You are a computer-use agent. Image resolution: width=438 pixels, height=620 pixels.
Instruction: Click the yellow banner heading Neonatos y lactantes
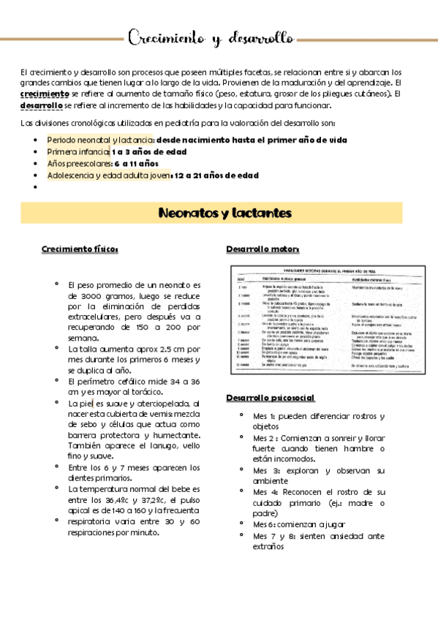[x=225, y=213]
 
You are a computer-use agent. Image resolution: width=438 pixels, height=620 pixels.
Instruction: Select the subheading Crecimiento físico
[x=80, y=249]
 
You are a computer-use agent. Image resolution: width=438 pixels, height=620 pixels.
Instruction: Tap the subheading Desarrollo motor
[x=252, y=249]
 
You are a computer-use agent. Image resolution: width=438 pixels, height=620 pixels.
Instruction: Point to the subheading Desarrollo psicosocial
[x=270, y=398]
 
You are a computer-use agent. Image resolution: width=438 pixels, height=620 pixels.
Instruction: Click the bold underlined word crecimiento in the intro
[x=45, y=94]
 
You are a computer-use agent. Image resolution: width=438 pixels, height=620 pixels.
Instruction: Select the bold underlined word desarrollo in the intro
[x=42, y=105]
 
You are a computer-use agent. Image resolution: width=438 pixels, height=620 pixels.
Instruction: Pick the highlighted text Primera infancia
[x=78, y=151]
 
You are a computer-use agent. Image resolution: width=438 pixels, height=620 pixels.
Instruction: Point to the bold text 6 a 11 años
[x=136, y=163]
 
